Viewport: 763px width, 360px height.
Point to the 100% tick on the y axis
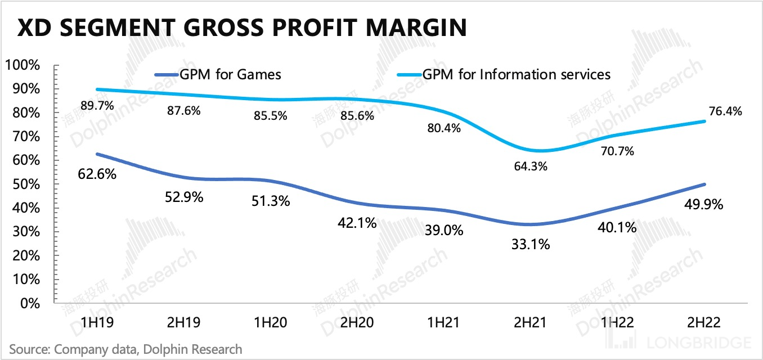[x=23, y=65]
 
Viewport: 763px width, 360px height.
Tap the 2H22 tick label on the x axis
[x=703, y=323]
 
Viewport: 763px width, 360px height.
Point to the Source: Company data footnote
[x=125, y=349]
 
